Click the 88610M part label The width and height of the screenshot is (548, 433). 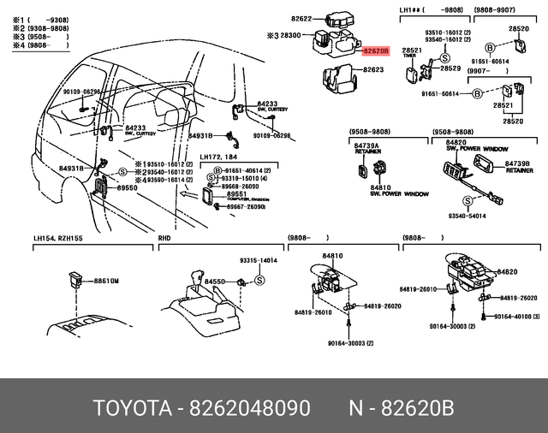point(106,280)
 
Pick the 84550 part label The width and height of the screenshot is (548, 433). point(212,281)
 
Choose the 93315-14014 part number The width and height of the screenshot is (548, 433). point(259,260)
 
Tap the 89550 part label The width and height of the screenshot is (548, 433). point(127,187)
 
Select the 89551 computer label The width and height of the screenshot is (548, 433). point(237,194)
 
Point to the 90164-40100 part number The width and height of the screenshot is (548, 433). point(519,317)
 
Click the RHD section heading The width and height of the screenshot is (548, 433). point(165,240)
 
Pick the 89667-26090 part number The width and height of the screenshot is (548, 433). point(246,207)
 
